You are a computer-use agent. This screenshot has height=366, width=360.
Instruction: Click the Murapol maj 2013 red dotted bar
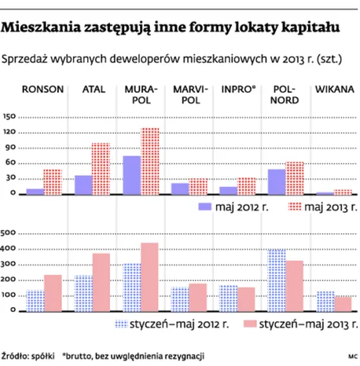coord(150,161)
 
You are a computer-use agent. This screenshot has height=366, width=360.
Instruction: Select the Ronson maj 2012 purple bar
coord(35,192)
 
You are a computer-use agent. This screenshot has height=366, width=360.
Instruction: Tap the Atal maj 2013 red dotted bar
coord(101,169)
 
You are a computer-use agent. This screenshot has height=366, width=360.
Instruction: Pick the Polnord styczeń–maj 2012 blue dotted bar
coord(277,280)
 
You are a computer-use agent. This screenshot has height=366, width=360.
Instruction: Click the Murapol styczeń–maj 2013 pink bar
coord(149,277)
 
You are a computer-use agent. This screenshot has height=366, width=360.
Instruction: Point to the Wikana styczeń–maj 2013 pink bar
coord(343,304)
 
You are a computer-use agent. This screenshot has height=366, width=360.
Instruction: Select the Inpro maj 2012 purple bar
coord(229,191)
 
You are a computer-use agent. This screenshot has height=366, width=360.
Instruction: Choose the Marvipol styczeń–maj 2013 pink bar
coord(198,298)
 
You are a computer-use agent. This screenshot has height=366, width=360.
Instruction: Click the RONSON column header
coord(42,90)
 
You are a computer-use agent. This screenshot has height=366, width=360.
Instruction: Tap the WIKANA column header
coord(335,90)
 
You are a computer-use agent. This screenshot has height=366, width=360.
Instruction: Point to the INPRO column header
coord(238,90)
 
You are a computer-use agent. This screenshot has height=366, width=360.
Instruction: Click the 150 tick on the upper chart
coord(9,116)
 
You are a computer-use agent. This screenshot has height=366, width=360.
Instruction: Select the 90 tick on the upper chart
coord(11,147)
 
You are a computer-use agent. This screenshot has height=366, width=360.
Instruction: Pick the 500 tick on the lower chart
coord(8,232)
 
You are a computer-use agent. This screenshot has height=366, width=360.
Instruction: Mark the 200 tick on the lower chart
coord(8,280)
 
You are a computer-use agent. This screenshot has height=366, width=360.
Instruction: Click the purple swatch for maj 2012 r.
coord(205,207)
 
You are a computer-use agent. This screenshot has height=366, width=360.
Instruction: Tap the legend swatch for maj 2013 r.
coord(295,207)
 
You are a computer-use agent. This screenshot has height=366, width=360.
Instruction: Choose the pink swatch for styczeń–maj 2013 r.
coord(250,324)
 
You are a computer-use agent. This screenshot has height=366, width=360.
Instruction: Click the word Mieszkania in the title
coord(41,27)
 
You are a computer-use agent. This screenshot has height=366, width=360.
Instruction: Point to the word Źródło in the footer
coord(15,357)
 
